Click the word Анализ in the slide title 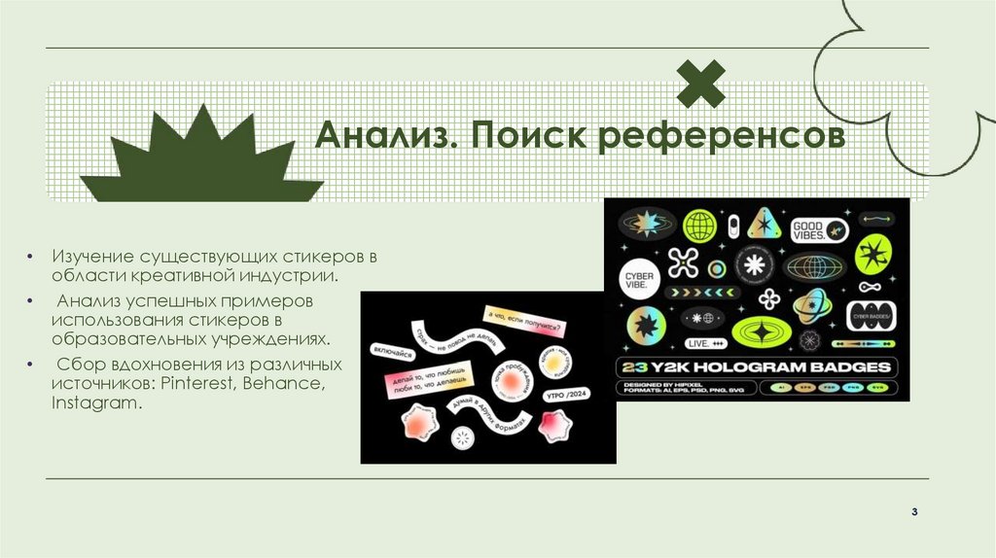382,137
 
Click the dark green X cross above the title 701,84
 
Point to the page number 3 915,511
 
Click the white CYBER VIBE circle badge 640,275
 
